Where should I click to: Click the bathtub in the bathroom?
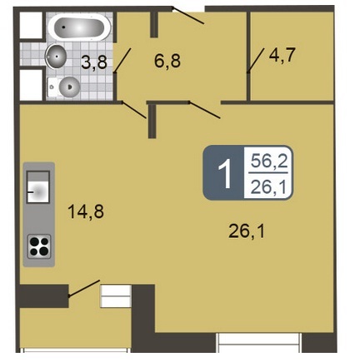[x=79, y=27]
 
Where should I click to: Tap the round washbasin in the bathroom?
[x=57, y=57]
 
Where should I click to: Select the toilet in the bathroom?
[x=64, y=87]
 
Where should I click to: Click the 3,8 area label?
[x=94, y=62]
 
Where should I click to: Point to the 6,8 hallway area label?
[x=167, y=61]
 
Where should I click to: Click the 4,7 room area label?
[x=282, y=55]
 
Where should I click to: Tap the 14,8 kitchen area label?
[x=86, y=211]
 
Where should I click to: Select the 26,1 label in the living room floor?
[x=247, y=231]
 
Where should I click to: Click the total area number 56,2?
[x=269, y=161]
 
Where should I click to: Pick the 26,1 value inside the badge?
[x=268, y=187]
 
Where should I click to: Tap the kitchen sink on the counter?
[x=38, y=186]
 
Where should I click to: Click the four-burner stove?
[x=39, y=246]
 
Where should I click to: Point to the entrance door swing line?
[x=188, y=16]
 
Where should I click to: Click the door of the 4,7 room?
[x=256, y=60]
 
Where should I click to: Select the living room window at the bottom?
[x=259, y=343]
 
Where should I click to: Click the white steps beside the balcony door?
[x=115, y=296]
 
